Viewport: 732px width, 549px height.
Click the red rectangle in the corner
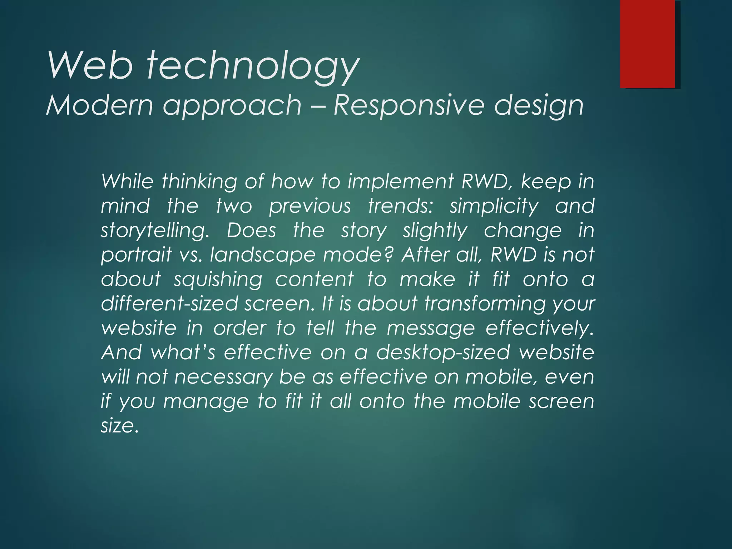point(647,44)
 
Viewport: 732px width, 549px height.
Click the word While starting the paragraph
point(127,181)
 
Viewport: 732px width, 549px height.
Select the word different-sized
point(169,304)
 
